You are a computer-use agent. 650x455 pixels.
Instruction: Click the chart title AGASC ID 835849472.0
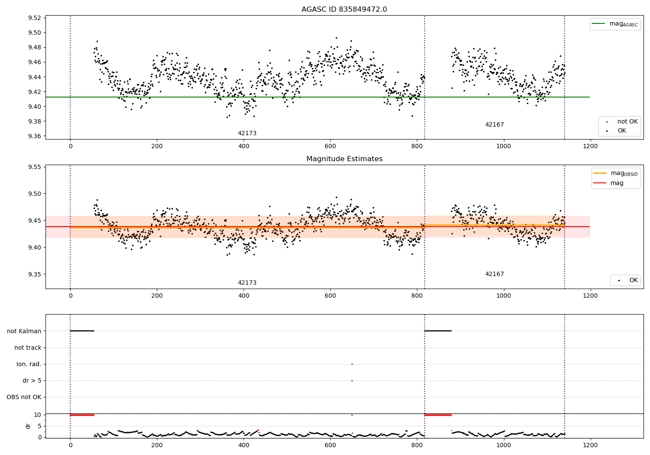(x=344, y=10)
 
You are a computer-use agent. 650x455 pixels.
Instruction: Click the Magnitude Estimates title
(x=344, y=159)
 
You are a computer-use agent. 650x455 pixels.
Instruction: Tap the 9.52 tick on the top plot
(x=34, y=18)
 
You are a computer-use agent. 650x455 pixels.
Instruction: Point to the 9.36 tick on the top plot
(x=34, y=136)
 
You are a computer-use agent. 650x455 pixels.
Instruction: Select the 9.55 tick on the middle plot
(x=34, y=167)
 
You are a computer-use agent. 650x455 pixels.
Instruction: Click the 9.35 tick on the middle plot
(x=34, y=274)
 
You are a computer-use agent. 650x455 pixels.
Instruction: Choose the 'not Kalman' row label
(x=24, y=331)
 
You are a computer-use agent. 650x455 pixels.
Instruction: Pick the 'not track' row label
(x=28, y=348)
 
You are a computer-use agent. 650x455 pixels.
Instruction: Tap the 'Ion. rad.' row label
(x=29, y=364)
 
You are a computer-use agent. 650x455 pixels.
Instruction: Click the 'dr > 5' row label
(x=32, y=380)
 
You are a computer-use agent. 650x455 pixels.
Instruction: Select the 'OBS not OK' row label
(x=24, y=397)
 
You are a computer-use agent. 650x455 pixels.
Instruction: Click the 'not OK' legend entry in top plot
(x=627, y=122)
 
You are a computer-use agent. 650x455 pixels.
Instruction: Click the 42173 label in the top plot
(x=247, y=133)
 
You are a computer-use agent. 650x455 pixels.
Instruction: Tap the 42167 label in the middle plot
(x=494, y=274)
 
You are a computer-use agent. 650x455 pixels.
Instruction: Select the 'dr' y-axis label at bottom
(x=28, y=426)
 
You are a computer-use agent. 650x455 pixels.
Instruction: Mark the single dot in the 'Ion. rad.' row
(x=352, y=364)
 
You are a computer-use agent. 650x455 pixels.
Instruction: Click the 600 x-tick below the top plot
(x=330, y=146)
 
